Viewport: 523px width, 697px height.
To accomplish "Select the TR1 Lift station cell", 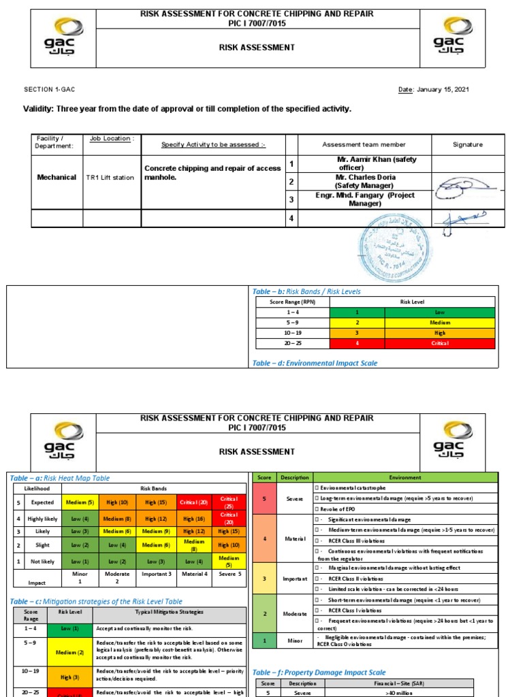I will [x=110, y=177].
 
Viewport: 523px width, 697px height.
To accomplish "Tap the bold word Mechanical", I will [x=57, y=177].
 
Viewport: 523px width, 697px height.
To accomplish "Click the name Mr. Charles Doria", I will [x=364, y=177].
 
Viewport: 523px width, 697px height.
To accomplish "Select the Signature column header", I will [x=467, y=144].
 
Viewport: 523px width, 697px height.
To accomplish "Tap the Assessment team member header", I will [x=364, y=144].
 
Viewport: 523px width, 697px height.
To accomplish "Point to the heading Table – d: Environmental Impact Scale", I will [x=315, y=363].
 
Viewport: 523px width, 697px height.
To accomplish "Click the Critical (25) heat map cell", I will [x=229, y=502].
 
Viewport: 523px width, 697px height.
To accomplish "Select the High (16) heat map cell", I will [x=193, y=519].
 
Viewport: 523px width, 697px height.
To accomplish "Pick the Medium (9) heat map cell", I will [x=156, y=531].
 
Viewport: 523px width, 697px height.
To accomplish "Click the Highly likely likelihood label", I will [x=45, y=519].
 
